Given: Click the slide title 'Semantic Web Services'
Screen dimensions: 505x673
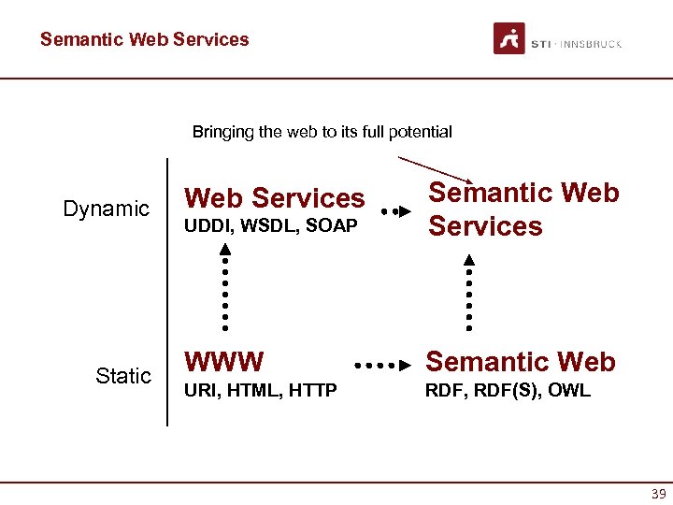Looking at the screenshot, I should coord(145,39).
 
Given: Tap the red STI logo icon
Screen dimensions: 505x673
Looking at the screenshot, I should coord(509,39).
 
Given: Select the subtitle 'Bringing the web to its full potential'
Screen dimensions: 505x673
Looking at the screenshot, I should coord(322,132).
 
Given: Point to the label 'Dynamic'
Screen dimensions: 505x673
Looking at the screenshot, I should coord(106,209).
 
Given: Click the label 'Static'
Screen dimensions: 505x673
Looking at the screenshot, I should coord(122,376).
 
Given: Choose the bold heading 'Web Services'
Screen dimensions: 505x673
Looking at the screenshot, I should coord(275,198).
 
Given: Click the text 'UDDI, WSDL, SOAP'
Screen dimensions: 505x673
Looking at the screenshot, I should coord(271,226).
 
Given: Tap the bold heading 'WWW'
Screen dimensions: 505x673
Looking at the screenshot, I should coord(224,361).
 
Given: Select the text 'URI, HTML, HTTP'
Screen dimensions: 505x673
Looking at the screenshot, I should coord(261,390).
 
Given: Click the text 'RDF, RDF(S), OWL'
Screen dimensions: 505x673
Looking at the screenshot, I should coord(508,390).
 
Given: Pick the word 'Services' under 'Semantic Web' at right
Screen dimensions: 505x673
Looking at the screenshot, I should coord(485,226).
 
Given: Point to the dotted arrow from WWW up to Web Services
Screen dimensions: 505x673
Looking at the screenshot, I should coord(225,286).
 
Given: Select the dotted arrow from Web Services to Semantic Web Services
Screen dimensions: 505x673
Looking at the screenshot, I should coord(396,211).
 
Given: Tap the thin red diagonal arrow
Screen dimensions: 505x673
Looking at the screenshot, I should coord(434,168).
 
